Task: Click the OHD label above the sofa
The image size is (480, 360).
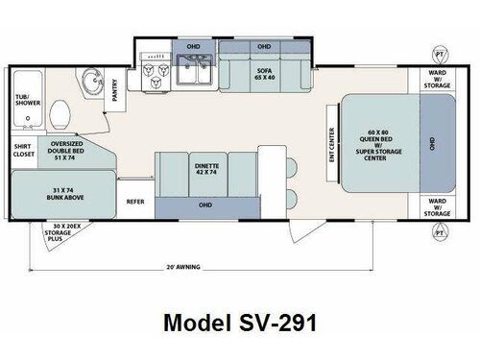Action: [x=264, y=45]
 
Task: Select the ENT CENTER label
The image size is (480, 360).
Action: [x=331, y=145]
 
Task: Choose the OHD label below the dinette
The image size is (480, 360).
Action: [x=206, y=203]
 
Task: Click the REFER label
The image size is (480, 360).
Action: [x=136, y=202]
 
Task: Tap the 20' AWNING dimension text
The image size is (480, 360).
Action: [x=182, y=266]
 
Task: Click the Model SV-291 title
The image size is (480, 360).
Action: [x=241, y=322]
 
